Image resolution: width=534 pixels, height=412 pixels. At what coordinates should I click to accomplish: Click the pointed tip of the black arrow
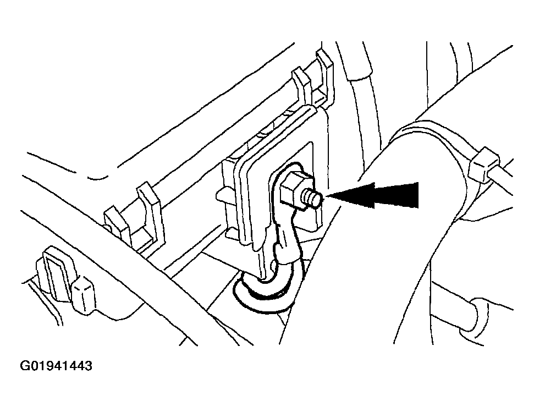(x=326, y=196)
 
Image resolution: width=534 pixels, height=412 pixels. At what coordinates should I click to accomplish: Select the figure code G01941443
(x=56, y=366)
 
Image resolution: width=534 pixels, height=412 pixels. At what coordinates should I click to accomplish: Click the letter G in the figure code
(x=25, y=366)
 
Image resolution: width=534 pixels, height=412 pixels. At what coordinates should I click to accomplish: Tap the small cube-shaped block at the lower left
(x=83, y=294)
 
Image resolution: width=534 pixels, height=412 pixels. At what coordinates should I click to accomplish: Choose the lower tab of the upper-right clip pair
(x=303, y=89)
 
